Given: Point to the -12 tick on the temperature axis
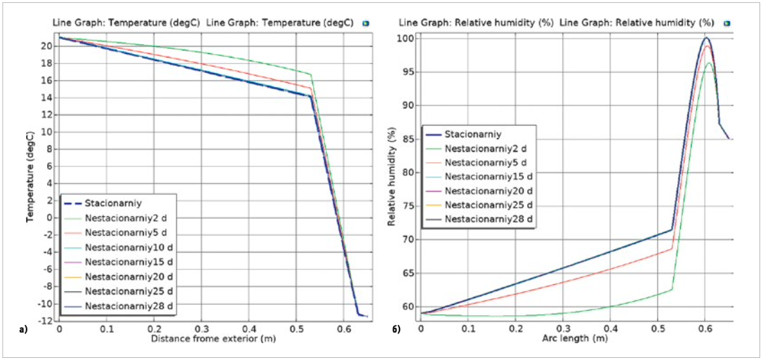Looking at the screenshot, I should (x=46, y=321).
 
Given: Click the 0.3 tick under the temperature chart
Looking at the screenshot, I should (x=202, y=328).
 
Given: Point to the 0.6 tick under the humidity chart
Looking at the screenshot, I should (x=705, y=328).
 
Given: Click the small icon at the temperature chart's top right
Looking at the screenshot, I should (x=366, y=23).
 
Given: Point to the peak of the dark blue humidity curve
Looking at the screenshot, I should (x=706, y=38).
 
